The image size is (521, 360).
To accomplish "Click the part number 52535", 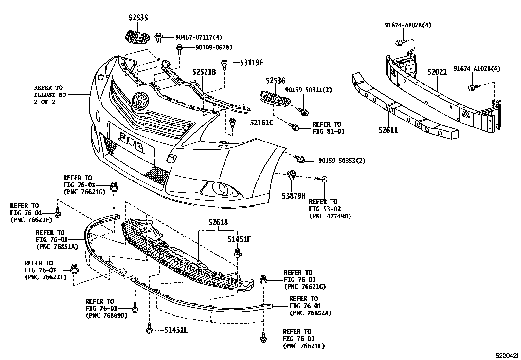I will pyautogui.click(x=138, y=18).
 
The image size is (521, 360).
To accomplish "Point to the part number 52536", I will pyautogui.click(x=275, y=81).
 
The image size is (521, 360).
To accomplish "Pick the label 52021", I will pyautogui.click(x=437, y=72).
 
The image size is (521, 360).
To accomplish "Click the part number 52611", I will pyautogui.click(x=388, y=130).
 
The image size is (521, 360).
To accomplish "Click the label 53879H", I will pyautogui.click(x=294, y=196).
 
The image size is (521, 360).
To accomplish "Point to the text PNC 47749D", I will pyautogui.click(x=330, y=216).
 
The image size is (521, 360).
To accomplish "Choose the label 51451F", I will pyautogui.click(x=239, y=239).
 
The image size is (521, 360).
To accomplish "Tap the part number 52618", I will pyautogui.click(x=218, y=223).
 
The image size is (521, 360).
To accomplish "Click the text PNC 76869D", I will pyautogui.click(x=107, y=316).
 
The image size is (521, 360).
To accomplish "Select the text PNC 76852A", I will pyautogui.click(x=310, y=313).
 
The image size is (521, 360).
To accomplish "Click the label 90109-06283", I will pyautogui.click(x=214, y=47).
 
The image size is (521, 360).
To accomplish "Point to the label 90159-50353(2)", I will pyautogui.click(x=342, y=161).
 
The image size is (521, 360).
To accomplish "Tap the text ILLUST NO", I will pyautogui.click(x=50, y=95).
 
